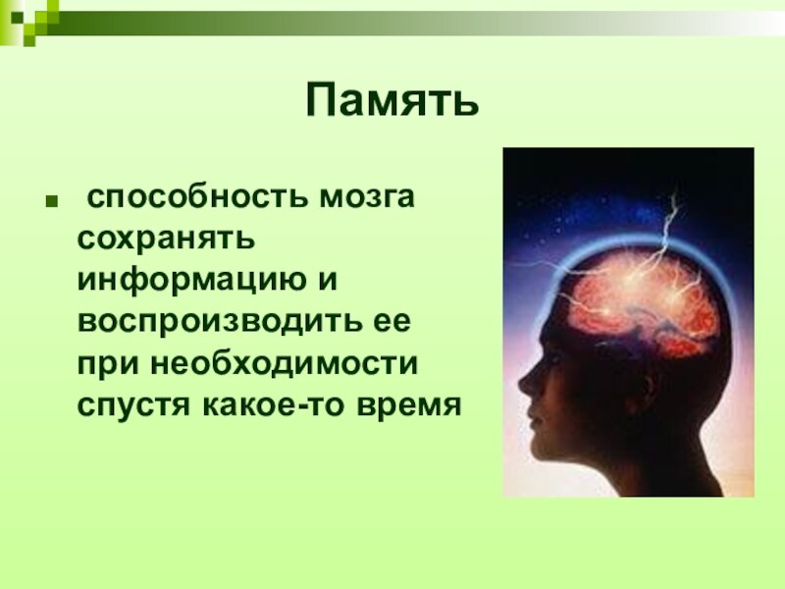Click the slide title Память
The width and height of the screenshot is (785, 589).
(x=392, y=101)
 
